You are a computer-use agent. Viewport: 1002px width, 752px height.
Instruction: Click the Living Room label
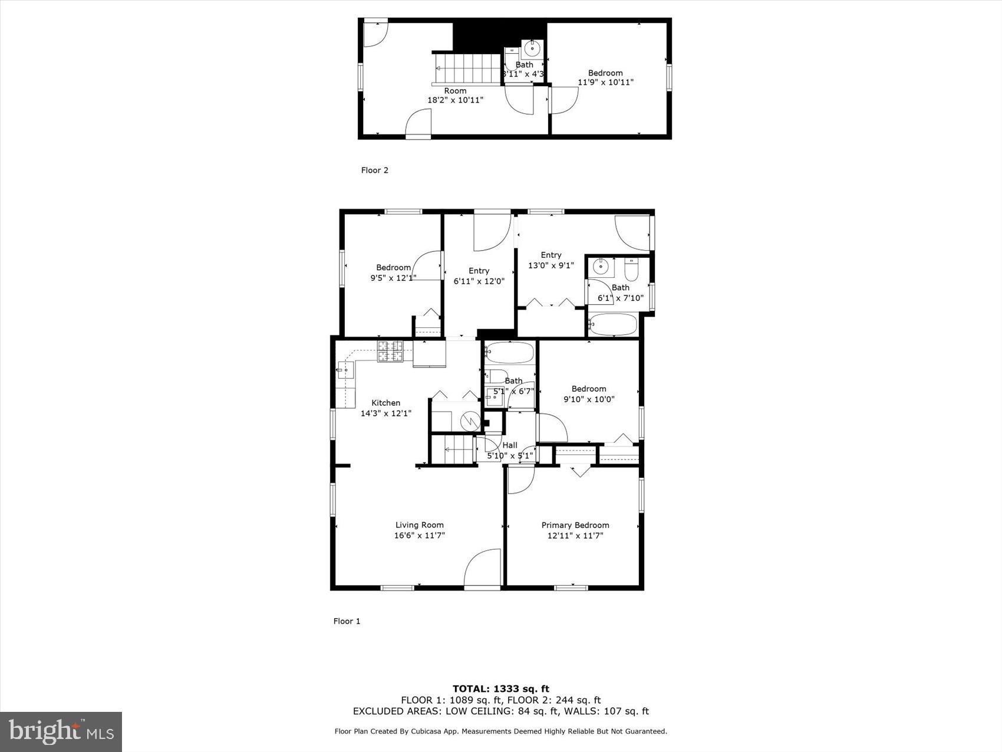point(419,525)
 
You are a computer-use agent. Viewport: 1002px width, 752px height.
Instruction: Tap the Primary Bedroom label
point(575,525)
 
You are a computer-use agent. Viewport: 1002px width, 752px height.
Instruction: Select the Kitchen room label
point(385,403)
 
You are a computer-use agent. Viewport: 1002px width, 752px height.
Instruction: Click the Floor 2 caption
point(374,170)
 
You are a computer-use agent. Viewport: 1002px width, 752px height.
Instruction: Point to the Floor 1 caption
point(347,621)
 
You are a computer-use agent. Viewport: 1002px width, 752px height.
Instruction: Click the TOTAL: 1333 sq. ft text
point(500,688)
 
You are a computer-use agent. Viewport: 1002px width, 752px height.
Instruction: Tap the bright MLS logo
point(61,732)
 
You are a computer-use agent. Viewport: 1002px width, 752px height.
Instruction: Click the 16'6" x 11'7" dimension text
point(419,536)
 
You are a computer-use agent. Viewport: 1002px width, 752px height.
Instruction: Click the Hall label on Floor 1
point(510,445)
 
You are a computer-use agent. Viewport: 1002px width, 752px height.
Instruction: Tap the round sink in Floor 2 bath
point(533,47)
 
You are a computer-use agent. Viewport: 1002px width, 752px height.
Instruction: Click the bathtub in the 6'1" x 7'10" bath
point(613,325)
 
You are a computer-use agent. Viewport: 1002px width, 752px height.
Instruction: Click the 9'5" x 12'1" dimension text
point(393,278)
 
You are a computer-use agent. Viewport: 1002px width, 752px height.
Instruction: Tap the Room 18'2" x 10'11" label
point(455,96)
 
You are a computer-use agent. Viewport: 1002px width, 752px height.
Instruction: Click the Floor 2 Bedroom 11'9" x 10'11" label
point(605,78)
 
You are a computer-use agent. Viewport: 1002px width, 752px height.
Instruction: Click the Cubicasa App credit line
point(500,731)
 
